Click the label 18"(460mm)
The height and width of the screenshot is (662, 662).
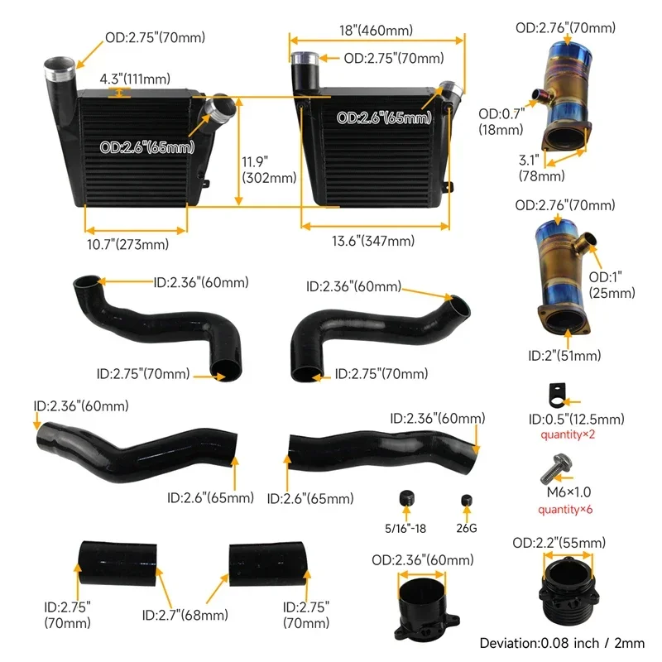click(x=376, y=31)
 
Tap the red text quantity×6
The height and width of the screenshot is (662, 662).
click(x=566, y=510)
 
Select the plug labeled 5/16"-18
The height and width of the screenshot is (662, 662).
click(x=405, y=498)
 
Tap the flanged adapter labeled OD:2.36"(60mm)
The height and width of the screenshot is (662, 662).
click(x=424, y=607)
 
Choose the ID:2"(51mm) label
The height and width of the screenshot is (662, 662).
click(x=564, y=356)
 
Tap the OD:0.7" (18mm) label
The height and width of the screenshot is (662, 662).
click(x=501, y=122)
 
